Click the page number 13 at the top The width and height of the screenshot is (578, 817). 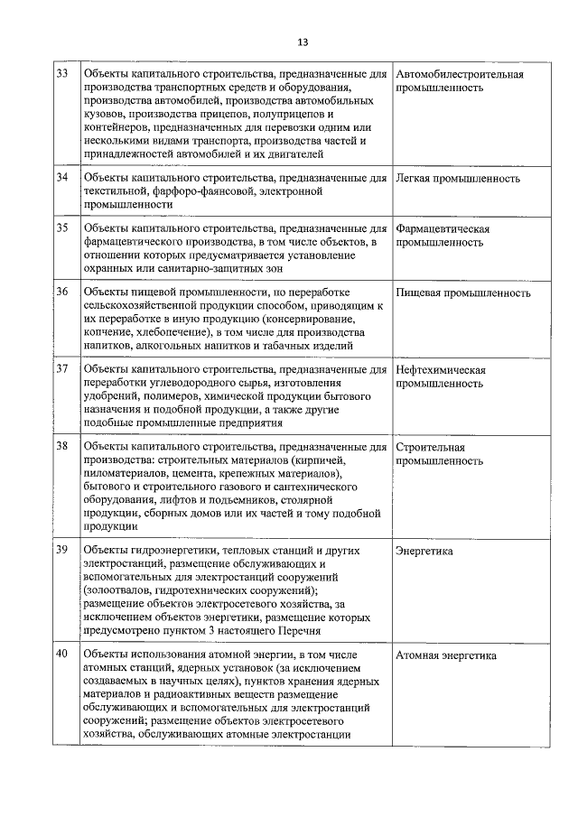coord(303,42)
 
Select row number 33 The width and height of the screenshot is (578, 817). coord(63,73)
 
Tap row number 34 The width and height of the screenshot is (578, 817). coord(63,177)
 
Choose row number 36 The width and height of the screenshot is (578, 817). coord(63,292)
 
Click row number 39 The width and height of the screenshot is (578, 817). coord(63,549)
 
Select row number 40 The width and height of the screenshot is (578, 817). coord(63,654)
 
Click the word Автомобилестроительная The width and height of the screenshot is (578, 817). coord(460,74)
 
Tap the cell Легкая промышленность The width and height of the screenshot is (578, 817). coord(458,178)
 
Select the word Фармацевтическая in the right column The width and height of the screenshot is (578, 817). coord(443,228)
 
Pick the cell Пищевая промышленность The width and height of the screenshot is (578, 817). coord(463,292)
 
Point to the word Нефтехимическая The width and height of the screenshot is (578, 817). coord(441,370)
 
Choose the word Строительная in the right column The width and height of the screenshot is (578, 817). coord(431,447)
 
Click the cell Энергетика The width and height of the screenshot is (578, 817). coord(424,550)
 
